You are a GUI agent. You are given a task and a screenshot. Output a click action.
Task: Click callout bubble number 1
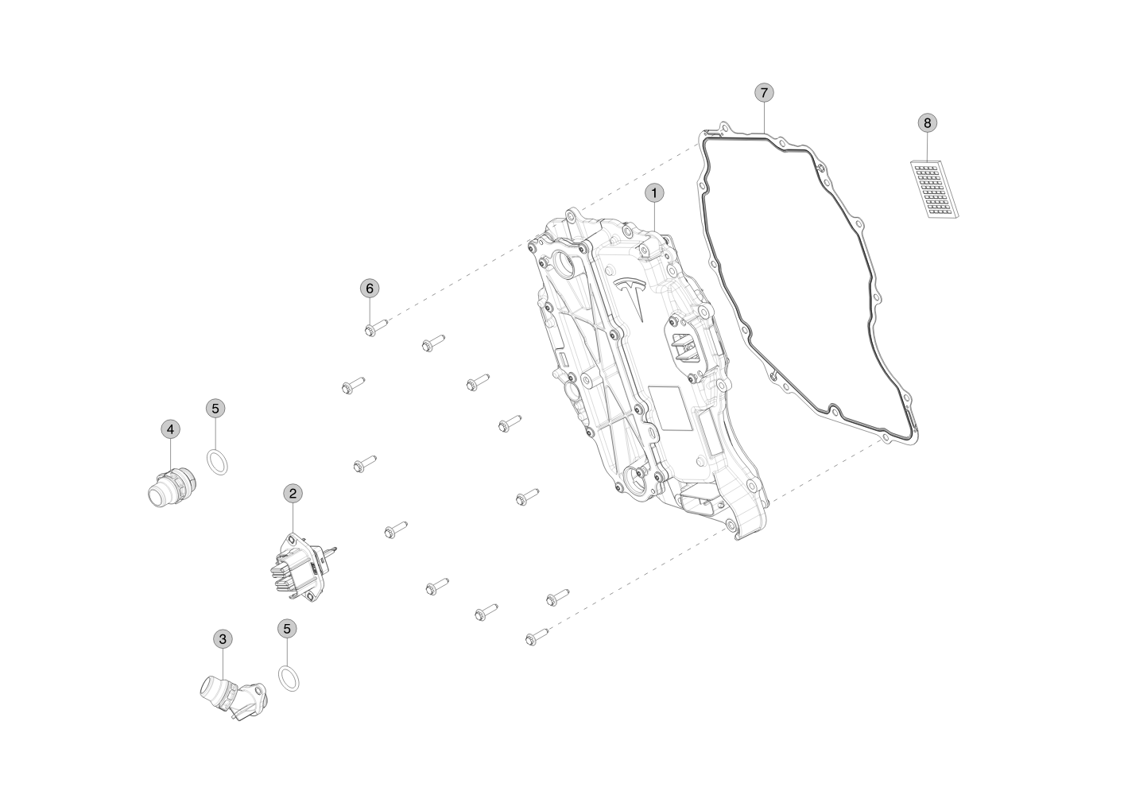pos(654,192)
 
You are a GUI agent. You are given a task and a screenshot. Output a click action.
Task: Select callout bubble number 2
pos(293,494)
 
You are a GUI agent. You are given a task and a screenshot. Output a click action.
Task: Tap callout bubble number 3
pos(223,638)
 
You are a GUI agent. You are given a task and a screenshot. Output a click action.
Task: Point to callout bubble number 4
pos(170,429)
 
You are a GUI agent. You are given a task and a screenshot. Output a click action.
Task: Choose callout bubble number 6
pos(369,288)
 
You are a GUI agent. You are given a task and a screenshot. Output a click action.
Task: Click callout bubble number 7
pos(763,93)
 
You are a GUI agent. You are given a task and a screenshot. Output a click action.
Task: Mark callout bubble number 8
pos(927,123)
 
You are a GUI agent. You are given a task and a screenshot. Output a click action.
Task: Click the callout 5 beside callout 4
pos(215,409)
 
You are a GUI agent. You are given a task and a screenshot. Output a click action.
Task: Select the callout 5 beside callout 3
pos(288,628)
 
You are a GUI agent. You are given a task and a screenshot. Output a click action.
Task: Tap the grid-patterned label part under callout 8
pos(934,190)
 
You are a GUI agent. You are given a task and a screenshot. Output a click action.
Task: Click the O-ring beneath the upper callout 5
pos(217,461)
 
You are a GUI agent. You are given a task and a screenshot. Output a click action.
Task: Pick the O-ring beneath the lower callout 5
pos(290,679)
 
